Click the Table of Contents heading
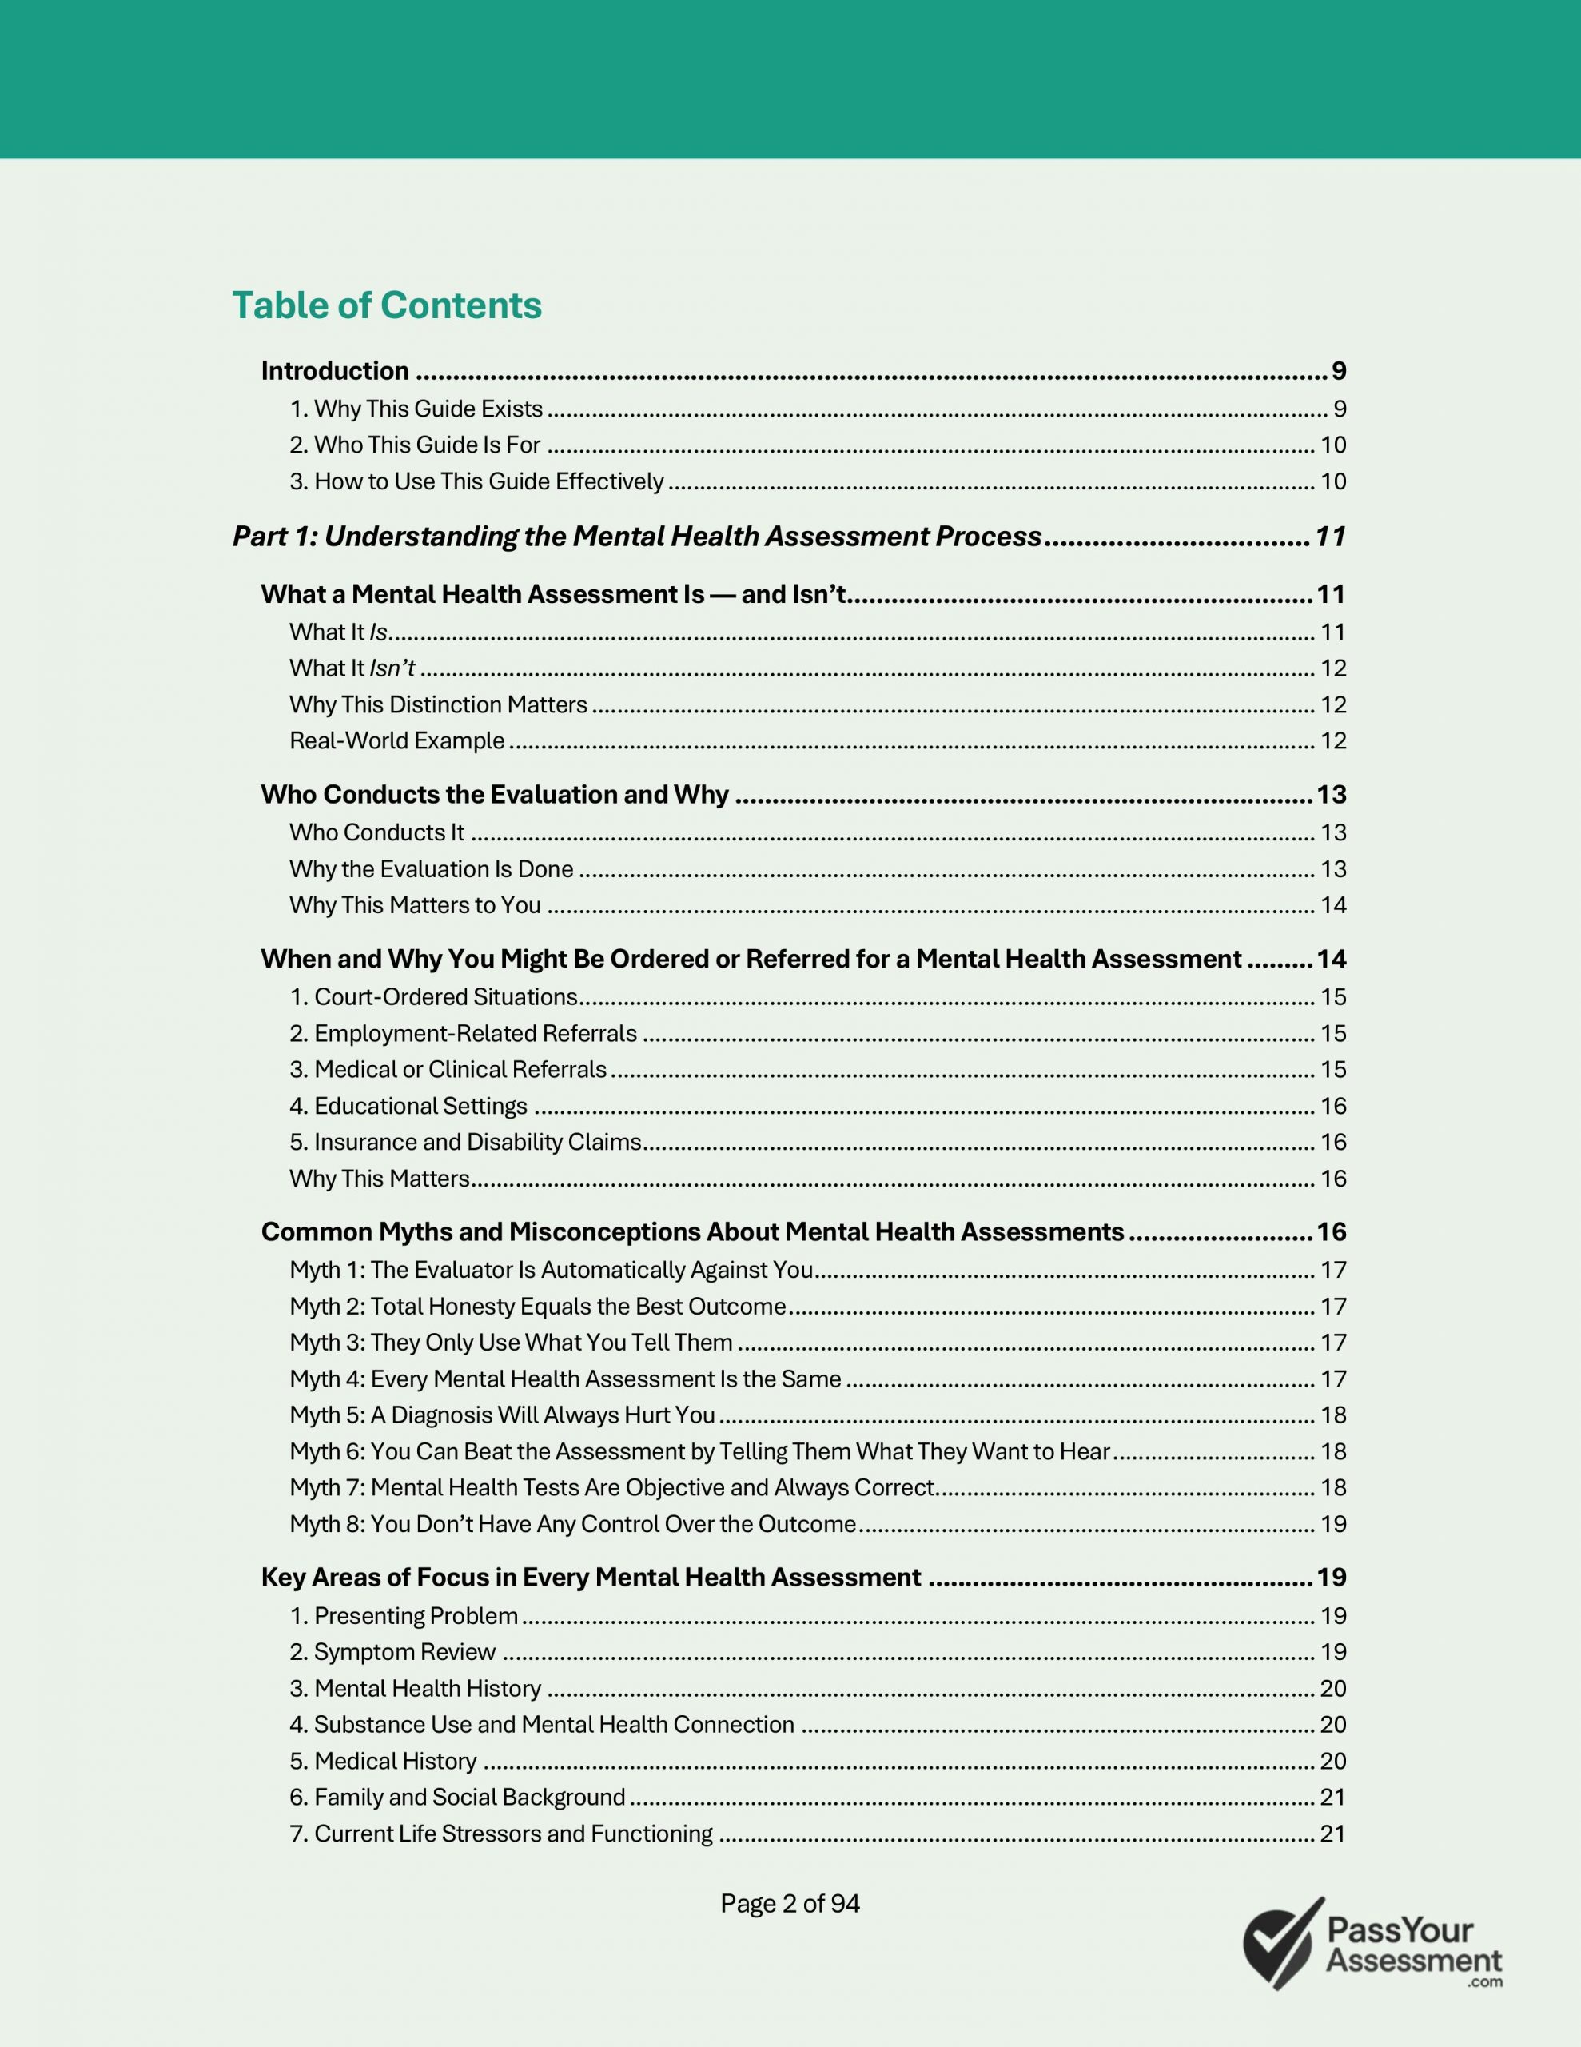click(386, 305)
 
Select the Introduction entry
click(335, 371)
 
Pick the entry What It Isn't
click(352, 668)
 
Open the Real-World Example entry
click(396, 740)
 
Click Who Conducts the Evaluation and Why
click(494, 795)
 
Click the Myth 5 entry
click(501, 1415)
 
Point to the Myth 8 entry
click(571, 1524)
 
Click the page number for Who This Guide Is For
click(1332, 445)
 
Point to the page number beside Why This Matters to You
click(1332, 905)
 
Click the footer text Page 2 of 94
click(789, 1904)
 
